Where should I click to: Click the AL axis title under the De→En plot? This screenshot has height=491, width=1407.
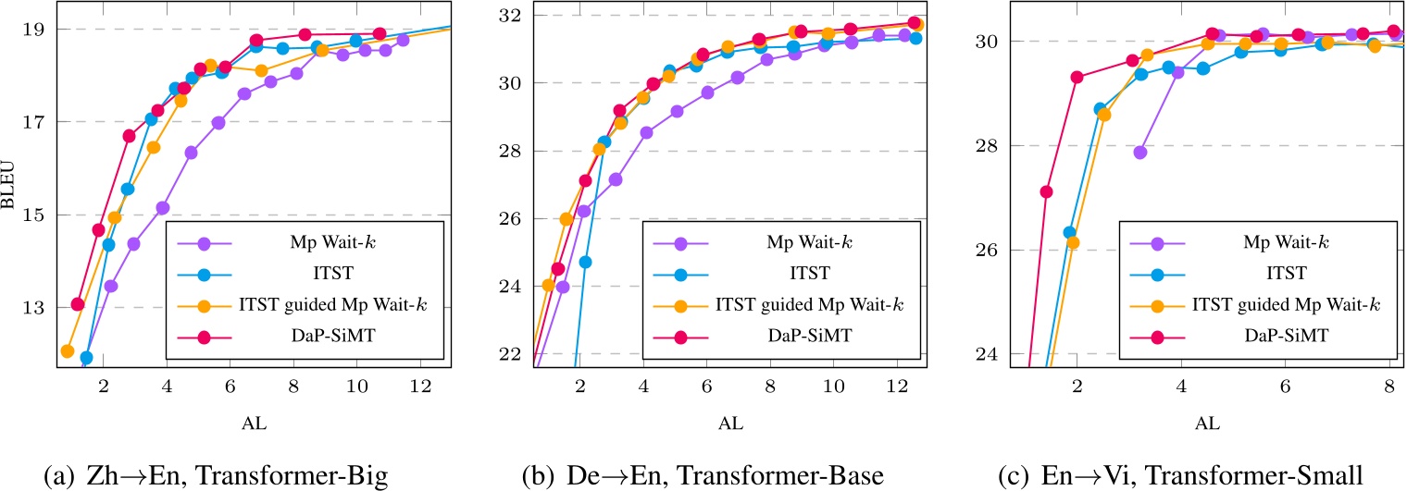click(x=730, y=424)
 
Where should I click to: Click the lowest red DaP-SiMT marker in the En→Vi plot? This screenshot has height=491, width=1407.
click(x=1047, y=191)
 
